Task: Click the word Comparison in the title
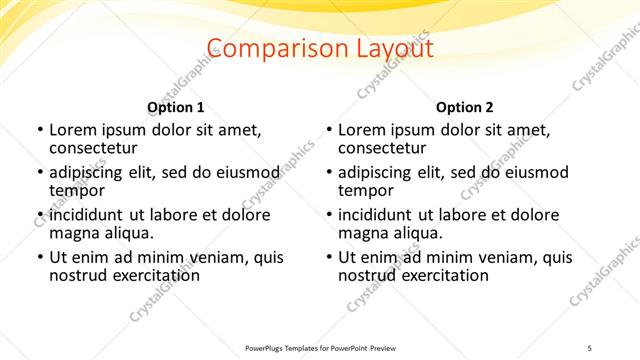[269, 48]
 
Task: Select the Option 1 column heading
[176, 107]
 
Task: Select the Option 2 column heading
[464, 107]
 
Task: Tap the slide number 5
[590, 348]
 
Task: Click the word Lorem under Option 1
[74, 130]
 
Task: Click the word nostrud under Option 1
[78, 276]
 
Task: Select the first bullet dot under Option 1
[39, 131]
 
